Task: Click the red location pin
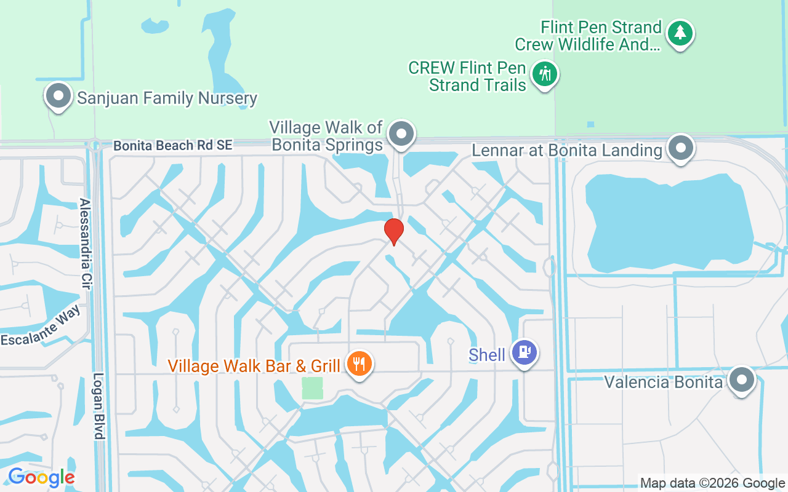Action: point(393,231)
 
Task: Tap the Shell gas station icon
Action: point(525,352)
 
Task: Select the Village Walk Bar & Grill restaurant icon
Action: point(359,363)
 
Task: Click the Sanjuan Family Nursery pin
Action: point(58,96)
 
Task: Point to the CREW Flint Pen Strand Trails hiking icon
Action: point(544,74)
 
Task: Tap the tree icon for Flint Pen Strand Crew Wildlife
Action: point(680,32)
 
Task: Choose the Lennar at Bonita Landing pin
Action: point(681,148)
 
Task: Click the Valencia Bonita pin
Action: point(741,379)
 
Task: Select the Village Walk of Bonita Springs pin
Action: point(402,132)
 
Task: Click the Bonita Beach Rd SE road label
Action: point(173,146)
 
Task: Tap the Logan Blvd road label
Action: point(98,406)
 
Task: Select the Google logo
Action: point(41,477)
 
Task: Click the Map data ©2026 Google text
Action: point(712,483)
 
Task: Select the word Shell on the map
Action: point(487,355)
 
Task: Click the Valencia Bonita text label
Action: point(663,382)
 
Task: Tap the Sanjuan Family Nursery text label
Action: point(167,98)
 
